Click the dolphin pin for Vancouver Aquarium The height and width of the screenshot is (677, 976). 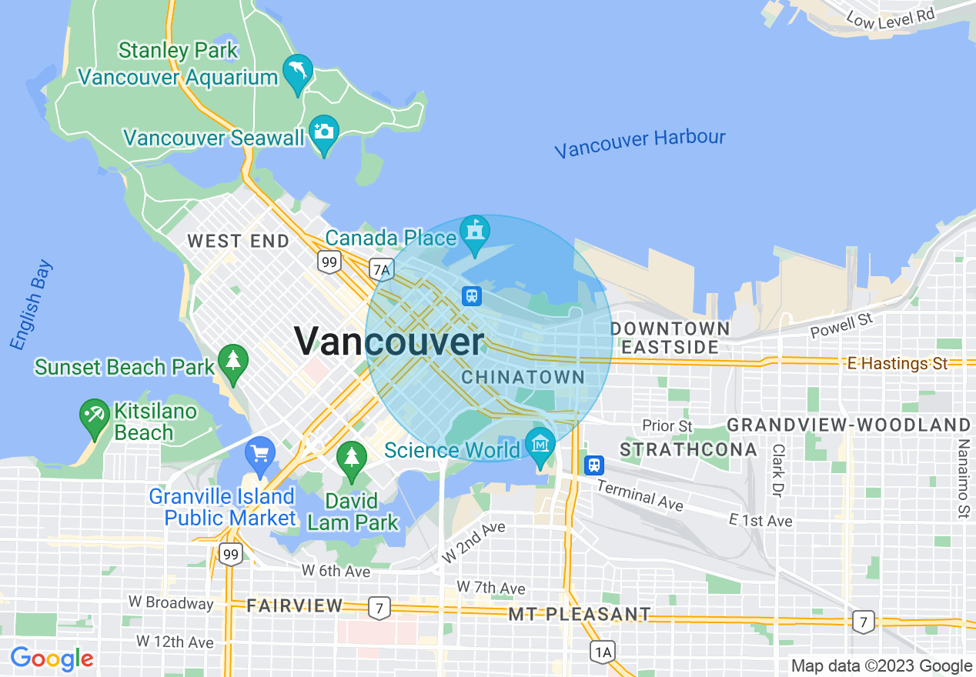click(298, 72)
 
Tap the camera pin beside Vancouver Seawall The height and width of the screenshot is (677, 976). click(323, 132)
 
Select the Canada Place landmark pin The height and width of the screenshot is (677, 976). click(474, 231)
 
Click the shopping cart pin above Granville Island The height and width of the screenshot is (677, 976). click(259, 453)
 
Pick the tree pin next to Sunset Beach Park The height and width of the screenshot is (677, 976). click(232, 360)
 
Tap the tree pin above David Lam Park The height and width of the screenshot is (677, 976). click(352, 457)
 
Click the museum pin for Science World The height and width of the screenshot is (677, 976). click(541, 445)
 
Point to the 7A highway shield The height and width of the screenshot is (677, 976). click(381, 269)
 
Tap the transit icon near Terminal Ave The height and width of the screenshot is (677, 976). click(594, 465)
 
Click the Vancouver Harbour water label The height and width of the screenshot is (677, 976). click(640, 143)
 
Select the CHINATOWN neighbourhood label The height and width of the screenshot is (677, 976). click(523, 377)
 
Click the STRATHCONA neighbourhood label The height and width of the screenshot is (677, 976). click(689, 449)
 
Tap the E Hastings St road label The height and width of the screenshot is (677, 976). click(897, 364)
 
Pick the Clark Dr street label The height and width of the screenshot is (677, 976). click(778, 470)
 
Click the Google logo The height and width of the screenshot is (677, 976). click(52, 659)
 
